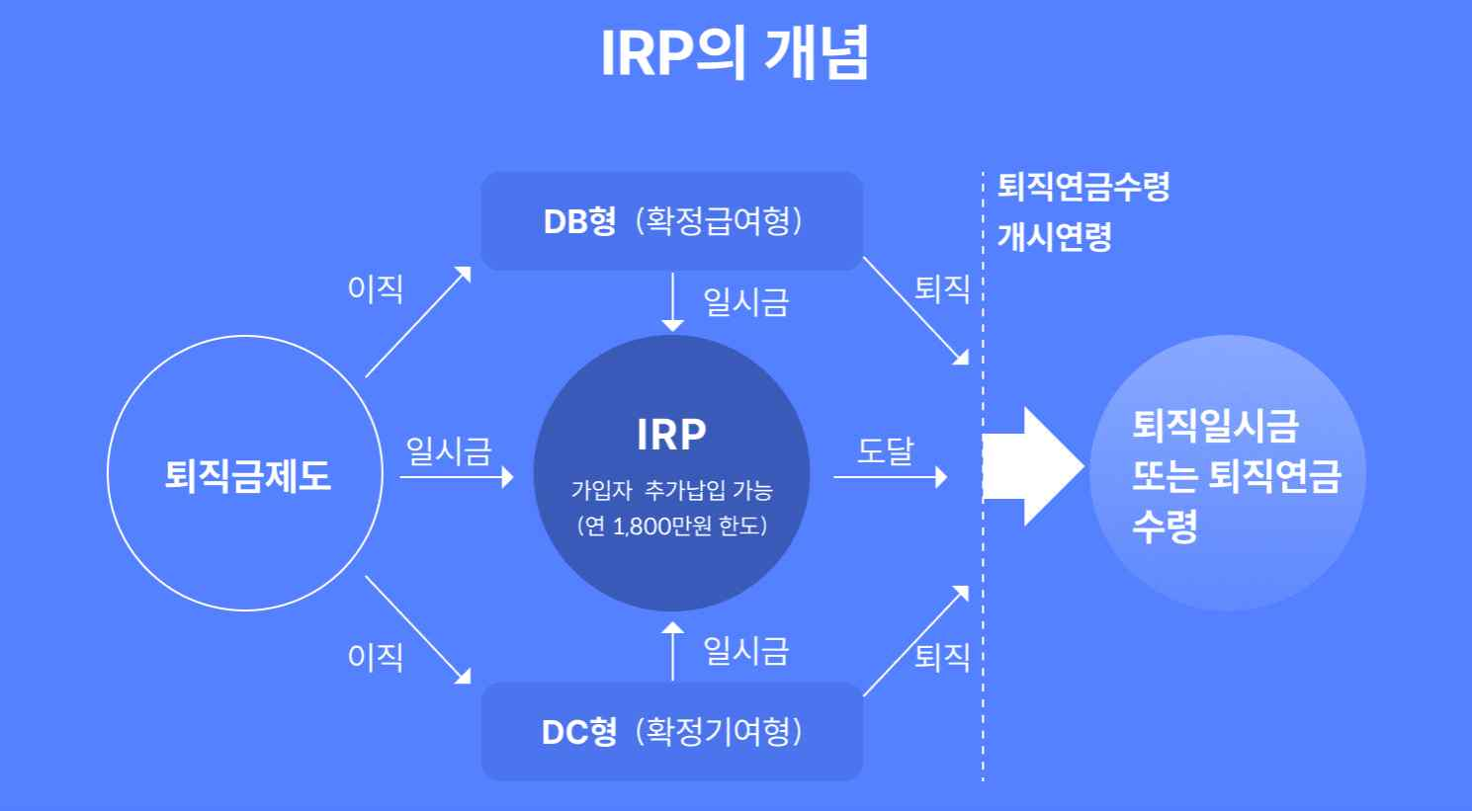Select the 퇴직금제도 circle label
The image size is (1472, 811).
[247, 475]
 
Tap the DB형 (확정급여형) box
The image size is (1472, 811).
[672, 220]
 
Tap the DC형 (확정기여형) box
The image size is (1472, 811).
[672, 732]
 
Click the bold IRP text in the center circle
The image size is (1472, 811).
[671, 435]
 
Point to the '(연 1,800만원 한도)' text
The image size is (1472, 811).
[671, 526]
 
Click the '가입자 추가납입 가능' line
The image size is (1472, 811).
[671, 490]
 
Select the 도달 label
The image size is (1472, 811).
[885, 450]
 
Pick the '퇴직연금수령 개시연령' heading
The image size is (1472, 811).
[1082, 210]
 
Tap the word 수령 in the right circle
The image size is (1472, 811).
[1165, 526]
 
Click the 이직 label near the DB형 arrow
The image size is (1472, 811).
[376, 288]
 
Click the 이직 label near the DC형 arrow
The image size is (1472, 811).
[376, 656]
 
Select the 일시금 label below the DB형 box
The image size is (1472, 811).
[745, 301]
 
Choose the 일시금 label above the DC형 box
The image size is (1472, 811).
[745, 651]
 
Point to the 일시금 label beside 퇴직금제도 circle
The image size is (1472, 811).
[448, 450]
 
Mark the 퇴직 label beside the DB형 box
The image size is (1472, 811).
[941, 288]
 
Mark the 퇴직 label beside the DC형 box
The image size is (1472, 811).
[941, 656]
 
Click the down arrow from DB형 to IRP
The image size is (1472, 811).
[672, 301]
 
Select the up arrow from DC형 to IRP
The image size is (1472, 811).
[672, 651]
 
